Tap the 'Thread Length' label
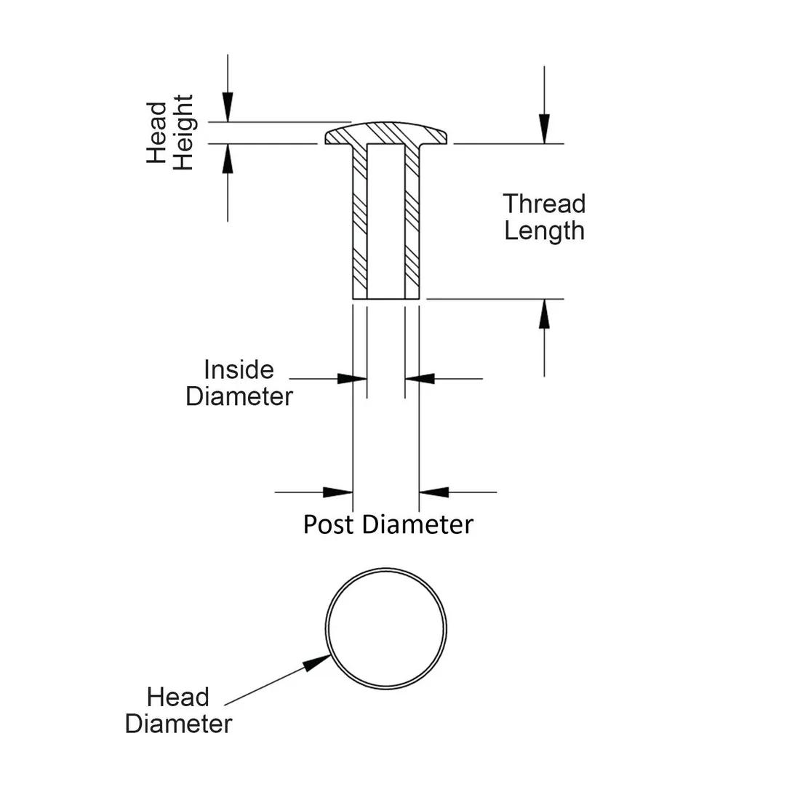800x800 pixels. pyautogui.click(x=544, y=217)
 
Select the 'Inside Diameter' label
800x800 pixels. pyautogui.click(x=239, y=383)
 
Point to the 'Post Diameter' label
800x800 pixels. pyautogui.click(x=388, y=524)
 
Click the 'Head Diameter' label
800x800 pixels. pyautogui.click(x=178, y=711)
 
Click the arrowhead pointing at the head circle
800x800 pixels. pyautogui.click(x=318, y=662)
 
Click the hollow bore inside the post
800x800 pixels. pyautogui.click(x=385, y=218)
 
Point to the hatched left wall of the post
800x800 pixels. pyautogui.click(x=360, y=218)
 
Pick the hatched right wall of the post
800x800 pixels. pyautogui.click(x=412, y=218)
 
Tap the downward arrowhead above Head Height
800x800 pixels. pyautogui.click(x=228, y=108)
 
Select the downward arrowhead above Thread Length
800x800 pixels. pyautogui.click(x=544, y=129)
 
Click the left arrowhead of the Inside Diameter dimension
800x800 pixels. pyautogui.click(x=352, y=378)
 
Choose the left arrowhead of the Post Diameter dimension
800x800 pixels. pyautogui.click(x=337, y=492)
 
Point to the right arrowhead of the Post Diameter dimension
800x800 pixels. pyautogui.click(x=434, y=492)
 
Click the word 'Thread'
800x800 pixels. pyautogui.click(x=544, y=204)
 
